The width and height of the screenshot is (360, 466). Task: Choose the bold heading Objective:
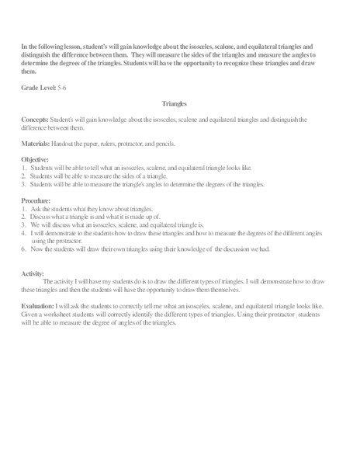coord(36,160)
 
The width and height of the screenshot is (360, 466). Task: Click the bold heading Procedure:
coord(38,202)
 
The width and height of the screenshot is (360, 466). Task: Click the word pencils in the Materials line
coord(169,144)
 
